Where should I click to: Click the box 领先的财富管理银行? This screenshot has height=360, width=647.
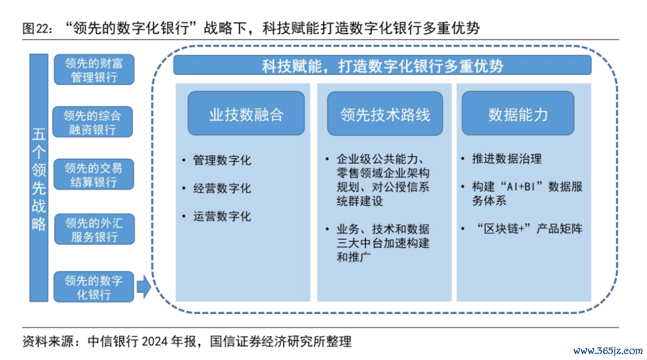[x=94, y=69]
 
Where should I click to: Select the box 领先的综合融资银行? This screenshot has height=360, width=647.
[x=92, y=122]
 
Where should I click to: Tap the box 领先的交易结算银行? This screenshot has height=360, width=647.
[x=93, y=174]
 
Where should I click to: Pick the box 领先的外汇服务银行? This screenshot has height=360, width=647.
[x=95, y=229]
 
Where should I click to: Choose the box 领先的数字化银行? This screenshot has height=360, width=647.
[x=93, y=286]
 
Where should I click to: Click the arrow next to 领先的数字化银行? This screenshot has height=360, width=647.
[x=144, y=286]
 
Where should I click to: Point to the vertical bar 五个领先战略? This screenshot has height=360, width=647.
[x=39, y=178]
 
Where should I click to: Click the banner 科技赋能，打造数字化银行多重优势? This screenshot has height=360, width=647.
[x=382, y=65]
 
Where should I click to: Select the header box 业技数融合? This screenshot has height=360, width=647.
[x=246, y=113]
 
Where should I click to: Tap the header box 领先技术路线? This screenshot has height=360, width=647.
[x=385, y=113]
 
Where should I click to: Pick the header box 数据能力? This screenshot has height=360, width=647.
[x=518, y=113]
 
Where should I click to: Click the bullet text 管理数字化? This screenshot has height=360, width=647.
[x=222, y=160]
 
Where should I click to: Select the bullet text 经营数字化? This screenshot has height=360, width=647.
[x=222, y=189]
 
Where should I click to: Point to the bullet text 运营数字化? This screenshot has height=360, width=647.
[x=222, y=216]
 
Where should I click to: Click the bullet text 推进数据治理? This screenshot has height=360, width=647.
[x=507, y=159]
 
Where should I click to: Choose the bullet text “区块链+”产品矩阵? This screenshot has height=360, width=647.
[x=530, y=229]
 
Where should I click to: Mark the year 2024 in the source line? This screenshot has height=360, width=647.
[x=155, y=341]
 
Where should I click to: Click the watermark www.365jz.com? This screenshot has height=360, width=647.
[x=608, y=351]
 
